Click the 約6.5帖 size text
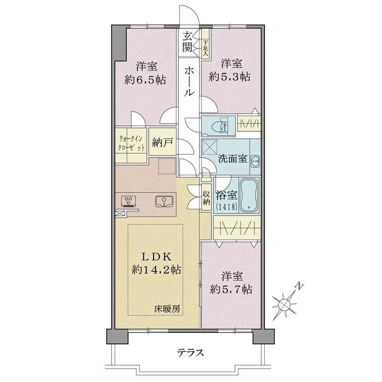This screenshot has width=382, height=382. [145, 80]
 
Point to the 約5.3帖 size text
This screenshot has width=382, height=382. [230, 77]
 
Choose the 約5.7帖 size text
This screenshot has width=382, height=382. [231, 289]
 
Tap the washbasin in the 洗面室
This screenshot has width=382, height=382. [255, 161]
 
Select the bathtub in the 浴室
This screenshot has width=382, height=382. [249, 195]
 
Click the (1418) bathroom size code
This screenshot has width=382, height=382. [226, 207]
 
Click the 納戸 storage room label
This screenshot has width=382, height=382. [162, 142]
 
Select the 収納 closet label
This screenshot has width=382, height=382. [206, 197]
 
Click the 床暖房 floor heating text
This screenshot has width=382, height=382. [167, 309]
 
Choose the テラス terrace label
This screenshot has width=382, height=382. [191, 353]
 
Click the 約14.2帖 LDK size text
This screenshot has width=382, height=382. [156, 270]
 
